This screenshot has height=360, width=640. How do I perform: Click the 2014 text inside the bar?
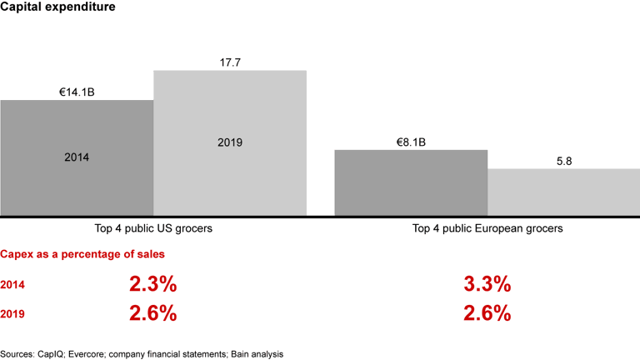[77, 157]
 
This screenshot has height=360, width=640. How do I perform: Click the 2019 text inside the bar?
[230, 142]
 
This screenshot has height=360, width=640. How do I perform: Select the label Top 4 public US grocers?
[153, 227]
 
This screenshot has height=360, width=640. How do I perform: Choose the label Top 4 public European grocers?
[487, 227]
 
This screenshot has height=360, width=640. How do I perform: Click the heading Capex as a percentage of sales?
[82, 253]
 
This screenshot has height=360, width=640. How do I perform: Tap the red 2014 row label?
[12, 285]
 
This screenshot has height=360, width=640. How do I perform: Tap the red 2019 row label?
[12, 314]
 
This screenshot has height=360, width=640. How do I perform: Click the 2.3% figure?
[152, 284]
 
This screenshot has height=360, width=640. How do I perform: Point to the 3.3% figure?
[487, 284]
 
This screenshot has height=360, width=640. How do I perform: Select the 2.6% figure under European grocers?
[487, 313]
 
